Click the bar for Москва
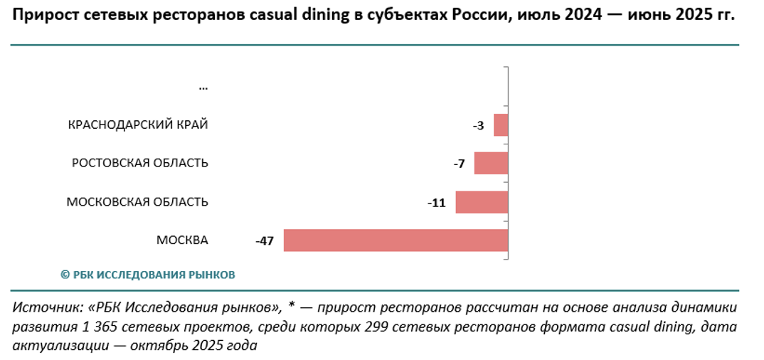(x=396, y=240)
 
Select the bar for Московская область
(x=482, y=202)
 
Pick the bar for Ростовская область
(x=491, y=163)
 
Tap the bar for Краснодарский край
(x=501, y=125)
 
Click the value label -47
(x=265, y=241)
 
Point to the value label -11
(x=436, y=203)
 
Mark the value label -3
(x=478, y=126)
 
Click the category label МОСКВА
(x=182, y=240)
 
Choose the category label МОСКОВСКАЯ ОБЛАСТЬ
(x=137, y=202)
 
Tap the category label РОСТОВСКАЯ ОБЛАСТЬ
(x=140, y=163)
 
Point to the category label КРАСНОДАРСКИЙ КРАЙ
(x=138, y=125)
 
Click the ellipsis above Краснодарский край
(x=203, y=88)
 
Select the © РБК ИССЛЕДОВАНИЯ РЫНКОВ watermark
(x=148, y=275)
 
